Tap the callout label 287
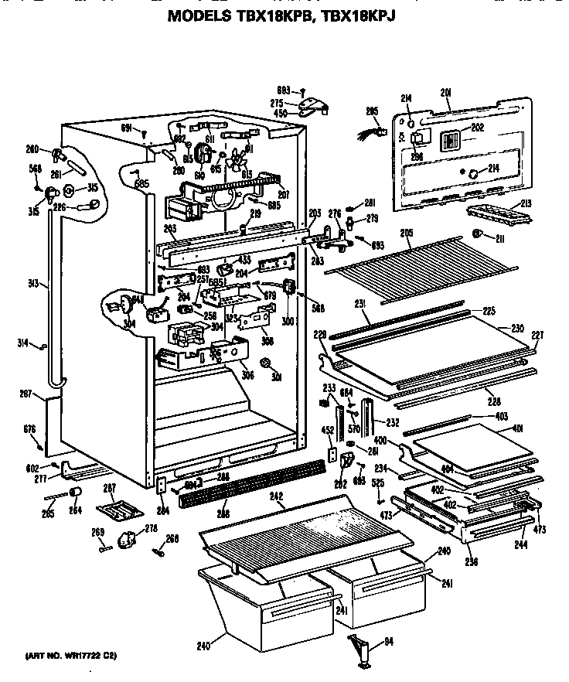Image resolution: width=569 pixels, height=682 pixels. pyautogui.click(x=109, y=488)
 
